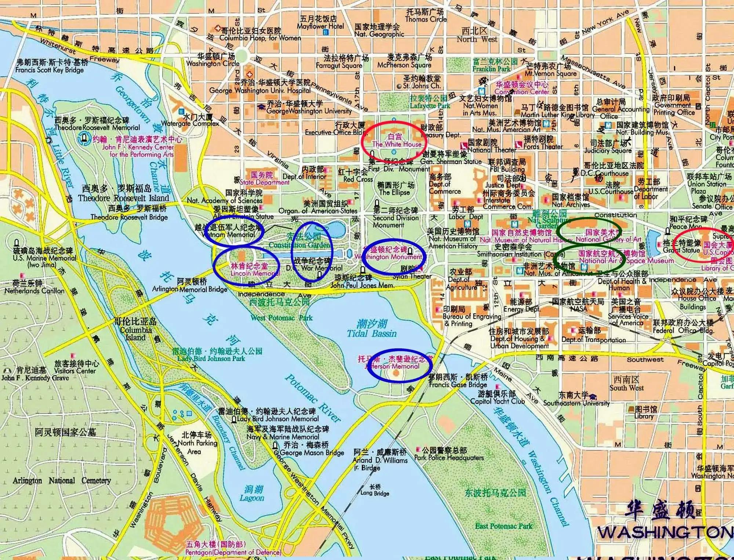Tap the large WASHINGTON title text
664,532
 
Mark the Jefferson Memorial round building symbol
396,373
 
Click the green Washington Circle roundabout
241,56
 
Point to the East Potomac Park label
503,526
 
